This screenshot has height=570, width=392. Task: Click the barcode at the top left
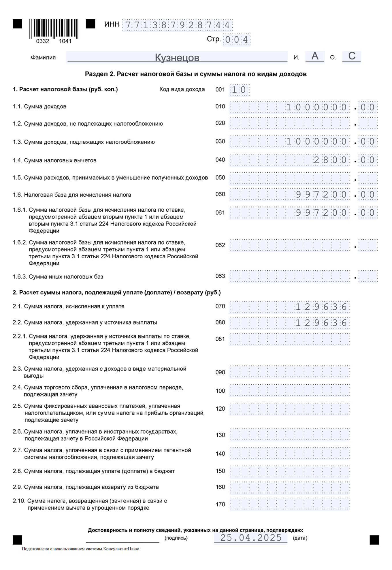pos(54,29)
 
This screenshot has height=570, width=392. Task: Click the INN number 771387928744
pos(177,25)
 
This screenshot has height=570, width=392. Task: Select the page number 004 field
pos(237,40)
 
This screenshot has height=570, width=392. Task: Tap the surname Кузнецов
pos(177,57)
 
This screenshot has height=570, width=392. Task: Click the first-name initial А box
pos(315,56)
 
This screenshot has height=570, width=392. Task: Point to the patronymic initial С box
pos(352,56)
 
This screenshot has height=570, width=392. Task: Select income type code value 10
pos(239,90)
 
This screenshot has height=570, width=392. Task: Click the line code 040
pos(220,160)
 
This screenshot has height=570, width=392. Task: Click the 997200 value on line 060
pos(321,195)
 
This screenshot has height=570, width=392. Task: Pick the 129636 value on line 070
pos(321,307)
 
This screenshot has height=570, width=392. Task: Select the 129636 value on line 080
pos(321,323)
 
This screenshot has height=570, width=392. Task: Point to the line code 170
pos(220,504)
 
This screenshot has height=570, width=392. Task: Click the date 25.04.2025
pos(251,538)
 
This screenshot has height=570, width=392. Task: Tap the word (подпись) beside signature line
pos(176,538)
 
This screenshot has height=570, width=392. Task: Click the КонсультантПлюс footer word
pos(123,549)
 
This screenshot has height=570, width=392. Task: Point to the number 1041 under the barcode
pos(65,41)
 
